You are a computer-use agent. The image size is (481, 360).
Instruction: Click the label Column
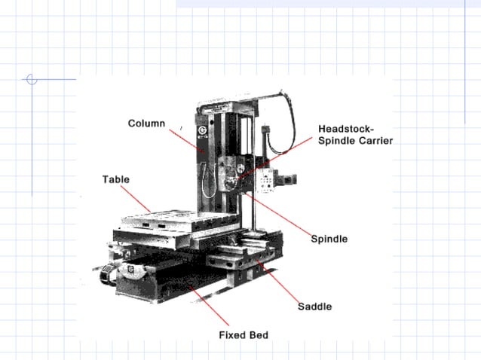[x=146, y=124]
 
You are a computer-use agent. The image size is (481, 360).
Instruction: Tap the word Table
[x=115, y=179]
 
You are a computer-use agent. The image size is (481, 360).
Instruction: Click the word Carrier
[x=375, y=140]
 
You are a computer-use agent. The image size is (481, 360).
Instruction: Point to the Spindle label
[x=329, y=239]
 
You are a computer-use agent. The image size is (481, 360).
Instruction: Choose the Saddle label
[x=314, y=307]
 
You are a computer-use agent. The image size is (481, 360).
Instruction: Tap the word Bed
[x=259, y=334]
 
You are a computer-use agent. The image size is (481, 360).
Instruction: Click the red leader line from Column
[x=187, y=141]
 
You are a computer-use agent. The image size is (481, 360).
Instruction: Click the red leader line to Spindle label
[x=283, y=217]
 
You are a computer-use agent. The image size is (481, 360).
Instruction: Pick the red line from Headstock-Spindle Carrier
[x=279, y=157]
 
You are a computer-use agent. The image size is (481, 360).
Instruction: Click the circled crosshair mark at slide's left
[x=31, y=79]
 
